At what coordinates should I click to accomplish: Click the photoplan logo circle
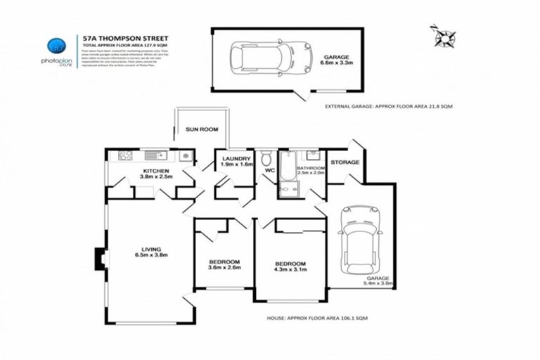click(56, 46)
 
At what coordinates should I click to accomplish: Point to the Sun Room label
click(202, 129)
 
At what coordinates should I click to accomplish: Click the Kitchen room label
click(155, 171)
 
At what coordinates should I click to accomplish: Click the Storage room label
click(345, 162)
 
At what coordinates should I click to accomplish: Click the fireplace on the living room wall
click(101, 259)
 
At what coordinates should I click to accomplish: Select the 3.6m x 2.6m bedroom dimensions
click(224, 267)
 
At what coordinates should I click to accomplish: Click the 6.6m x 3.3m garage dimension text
click(336, 63)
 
